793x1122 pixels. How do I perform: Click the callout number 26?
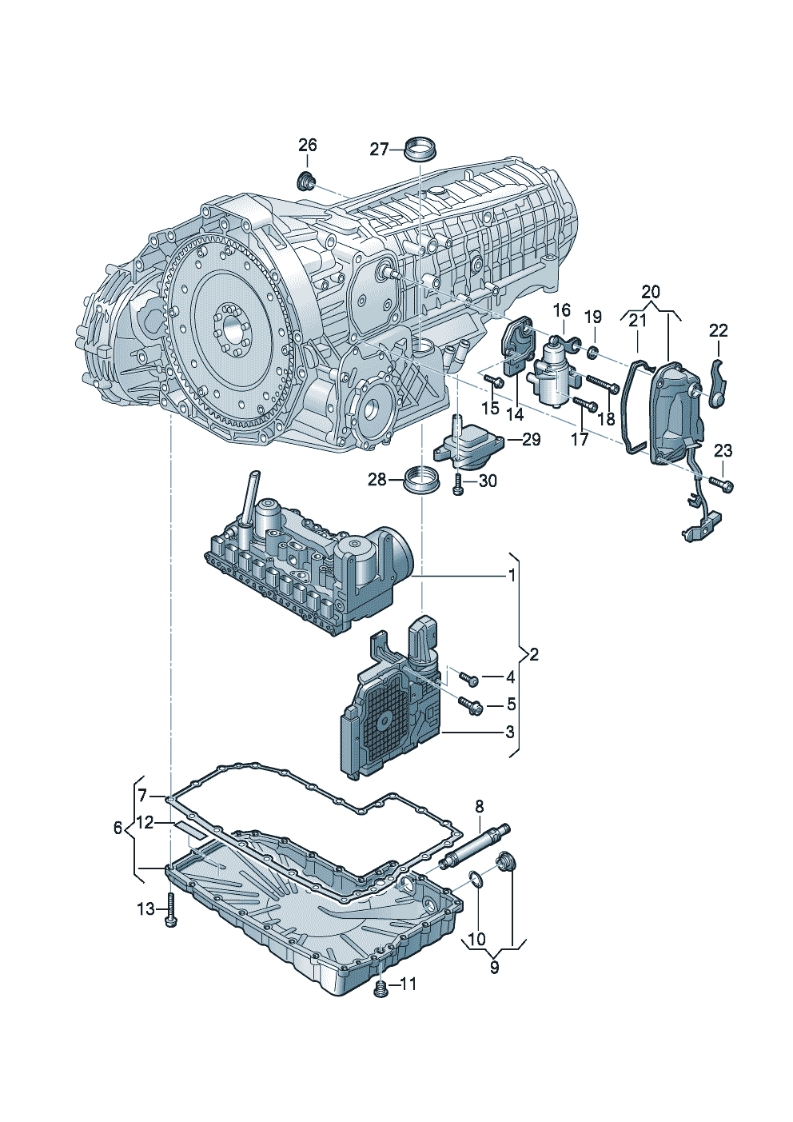(x=308, y=145)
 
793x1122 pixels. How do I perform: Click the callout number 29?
(x=531, y=439)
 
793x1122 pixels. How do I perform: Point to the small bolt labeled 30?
(x=458, y=484)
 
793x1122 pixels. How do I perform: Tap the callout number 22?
(x=719, y=330)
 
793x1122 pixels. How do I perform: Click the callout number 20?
(x=651, y=292)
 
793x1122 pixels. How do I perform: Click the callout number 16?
(x=562, y=310)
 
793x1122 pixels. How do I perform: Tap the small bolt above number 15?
(x=491, y=381)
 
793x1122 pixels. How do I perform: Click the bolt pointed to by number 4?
(x=471, y=680)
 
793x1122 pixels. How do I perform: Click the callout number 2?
(x=534, y=654)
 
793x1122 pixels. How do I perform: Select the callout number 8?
(x=480, y=805)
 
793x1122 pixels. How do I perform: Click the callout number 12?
(x=145, y=822)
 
